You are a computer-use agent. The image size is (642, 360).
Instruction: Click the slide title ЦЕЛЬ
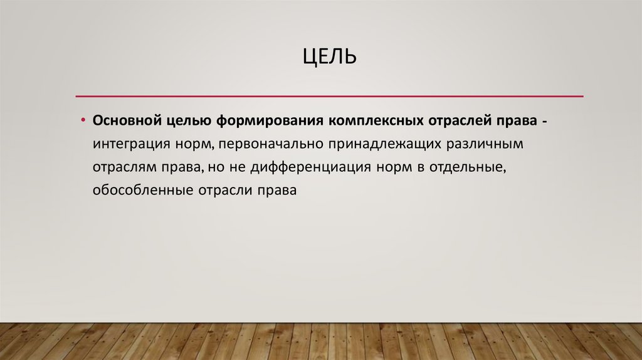(330, 58)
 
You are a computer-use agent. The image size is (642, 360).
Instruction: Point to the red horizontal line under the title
(329, 96)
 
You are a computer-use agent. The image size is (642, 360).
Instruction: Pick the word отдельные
(470, 167)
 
